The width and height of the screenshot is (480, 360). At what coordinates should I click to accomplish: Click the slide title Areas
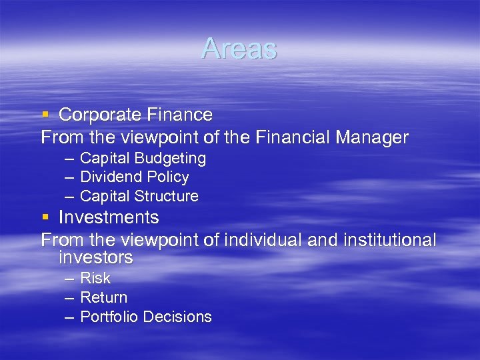pos(239,49)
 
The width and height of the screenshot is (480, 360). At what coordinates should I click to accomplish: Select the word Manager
pos(371,138)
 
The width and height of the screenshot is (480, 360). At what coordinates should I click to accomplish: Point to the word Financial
pos(287,138)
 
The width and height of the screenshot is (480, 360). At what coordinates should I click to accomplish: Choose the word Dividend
pos(108,177)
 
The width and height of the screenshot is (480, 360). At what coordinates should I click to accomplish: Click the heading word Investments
pos(109,217)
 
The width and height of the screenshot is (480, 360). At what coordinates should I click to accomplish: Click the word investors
pos(95,257)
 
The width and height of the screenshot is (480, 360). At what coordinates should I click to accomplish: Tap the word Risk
pos(95,279)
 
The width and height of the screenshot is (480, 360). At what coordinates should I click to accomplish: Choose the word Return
pos(103,297)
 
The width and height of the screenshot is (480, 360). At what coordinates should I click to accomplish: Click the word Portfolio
pos(107,317)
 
